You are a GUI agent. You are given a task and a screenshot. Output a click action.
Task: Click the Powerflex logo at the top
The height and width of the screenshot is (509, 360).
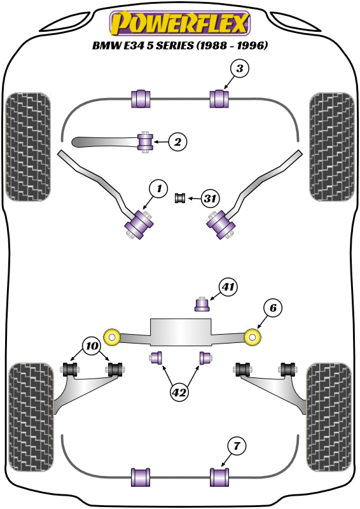tap(180, 23)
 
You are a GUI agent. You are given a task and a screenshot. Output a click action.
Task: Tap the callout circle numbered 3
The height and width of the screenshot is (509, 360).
tap(240, 69)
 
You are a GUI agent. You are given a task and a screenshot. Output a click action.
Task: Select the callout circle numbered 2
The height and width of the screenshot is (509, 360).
tap(177, 141)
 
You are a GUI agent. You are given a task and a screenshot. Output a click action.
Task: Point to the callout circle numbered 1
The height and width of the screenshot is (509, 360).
tap(159, 188)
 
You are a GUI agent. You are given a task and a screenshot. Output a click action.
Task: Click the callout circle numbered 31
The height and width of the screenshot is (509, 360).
tap(210, 198)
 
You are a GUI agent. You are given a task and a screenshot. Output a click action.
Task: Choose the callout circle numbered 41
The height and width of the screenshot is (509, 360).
tap(228, 287)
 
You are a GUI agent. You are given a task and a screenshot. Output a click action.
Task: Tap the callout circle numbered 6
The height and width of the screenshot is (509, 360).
tap(273, 307)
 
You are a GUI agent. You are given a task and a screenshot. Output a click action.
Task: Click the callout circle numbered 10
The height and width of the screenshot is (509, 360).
tap(92, 346)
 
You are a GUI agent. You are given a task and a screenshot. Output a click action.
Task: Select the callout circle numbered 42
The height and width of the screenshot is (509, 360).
tap(179, 393)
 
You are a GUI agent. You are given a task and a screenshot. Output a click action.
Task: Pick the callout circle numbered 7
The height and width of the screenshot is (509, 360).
tap(237, 446)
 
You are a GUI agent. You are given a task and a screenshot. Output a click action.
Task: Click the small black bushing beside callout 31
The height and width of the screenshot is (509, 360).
tap(180, 198)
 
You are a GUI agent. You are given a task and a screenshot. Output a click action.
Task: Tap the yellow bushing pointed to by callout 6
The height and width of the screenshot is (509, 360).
tap(253, 337)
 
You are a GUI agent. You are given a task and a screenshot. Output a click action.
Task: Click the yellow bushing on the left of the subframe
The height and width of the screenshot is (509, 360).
tap(113, 337)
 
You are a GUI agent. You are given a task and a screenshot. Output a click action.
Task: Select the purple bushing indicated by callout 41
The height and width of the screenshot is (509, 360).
tap(202, 304)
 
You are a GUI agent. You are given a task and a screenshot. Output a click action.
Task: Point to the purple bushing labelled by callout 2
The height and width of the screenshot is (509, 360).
tap(145, 141)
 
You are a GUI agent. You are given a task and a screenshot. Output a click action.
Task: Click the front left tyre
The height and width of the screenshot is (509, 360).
tap(28, 147)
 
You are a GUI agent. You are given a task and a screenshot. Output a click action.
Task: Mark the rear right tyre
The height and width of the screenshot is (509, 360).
tap(329, 417)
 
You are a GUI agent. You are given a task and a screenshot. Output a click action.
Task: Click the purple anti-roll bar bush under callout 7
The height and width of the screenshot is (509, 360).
tap(219, 477)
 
